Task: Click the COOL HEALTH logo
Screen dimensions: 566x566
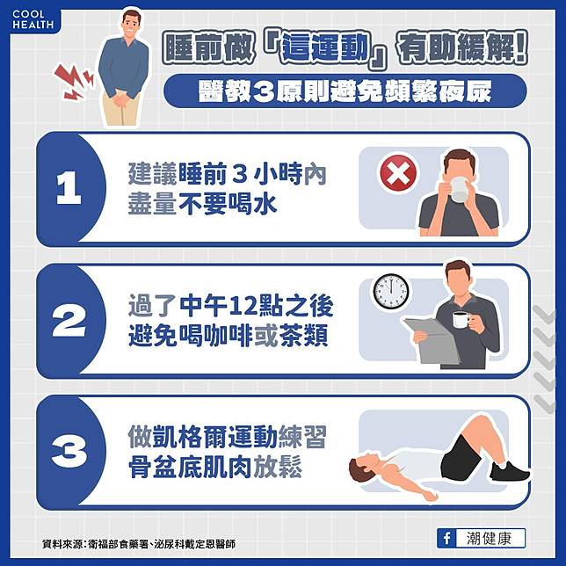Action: pos(33,19)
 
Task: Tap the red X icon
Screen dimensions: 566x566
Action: pos(398,173)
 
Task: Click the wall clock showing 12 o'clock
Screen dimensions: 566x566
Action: pos(391,291)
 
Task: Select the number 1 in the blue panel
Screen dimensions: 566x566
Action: pos(69,187)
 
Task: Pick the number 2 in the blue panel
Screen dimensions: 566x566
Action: pos(69,320)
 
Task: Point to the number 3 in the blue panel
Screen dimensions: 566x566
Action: pos(69,451)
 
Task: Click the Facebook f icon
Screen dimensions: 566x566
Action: pos(446,539)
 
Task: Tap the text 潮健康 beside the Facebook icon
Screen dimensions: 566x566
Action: pos(489,539)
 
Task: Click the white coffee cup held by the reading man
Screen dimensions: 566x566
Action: pos(461,319)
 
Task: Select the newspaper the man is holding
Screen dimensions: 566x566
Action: pos(432,340)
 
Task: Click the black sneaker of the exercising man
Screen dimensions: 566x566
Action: pos(510,471)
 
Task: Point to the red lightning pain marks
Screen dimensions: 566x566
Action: pos(73,82)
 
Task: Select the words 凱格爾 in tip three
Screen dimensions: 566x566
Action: pos(190,437)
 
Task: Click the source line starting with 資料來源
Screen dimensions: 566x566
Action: pos(139,544)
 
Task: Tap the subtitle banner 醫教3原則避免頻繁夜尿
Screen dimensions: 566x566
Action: pos(345,91)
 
